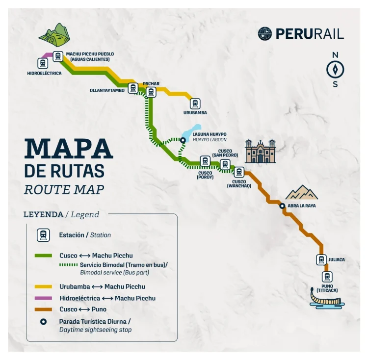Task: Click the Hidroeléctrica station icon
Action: pyautogui.click(x=43, y=63)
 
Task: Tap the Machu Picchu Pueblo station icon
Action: pyautogui.click(x=58, y=56)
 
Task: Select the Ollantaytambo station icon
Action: pyautogui.click(x=132, y=88)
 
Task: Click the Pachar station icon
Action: pyautogui.click(x=151, y=92)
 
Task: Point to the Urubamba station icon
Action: pyautogui.click(x=195, y=103)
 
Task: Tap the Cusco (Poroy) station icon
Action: pyautogui.click(x=205, y=161)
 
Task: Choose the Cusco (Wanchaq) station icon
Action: pyautogui.click(x=239, y=172)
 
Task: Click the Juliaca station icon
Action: pyautogui.click(x=321, y=259)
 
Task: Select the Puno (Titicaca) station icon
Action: pyautogui.click(x=326, y=277)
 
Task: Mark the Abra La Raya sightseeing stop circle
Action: pyautogui.click(x=282, y=206)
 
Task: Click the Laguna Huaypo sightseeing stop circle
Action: pyautogui.click(x=183, y=140)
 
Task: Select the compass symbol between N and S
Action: pyautogui.click(x=335, y=70)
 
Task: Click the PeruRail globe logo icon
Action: pyautogui.click(x=265, y=33)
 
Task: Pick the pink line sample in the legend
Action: pyautogui.click(x=44, y=298)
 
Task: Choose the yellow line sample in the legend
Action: pyautogui.click(x=44, y=286)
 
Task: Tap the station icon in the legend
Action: pyautogui.click(x=44, y=235)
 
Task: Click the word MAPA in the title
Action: pyautogui.click(x=68, y=149)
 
